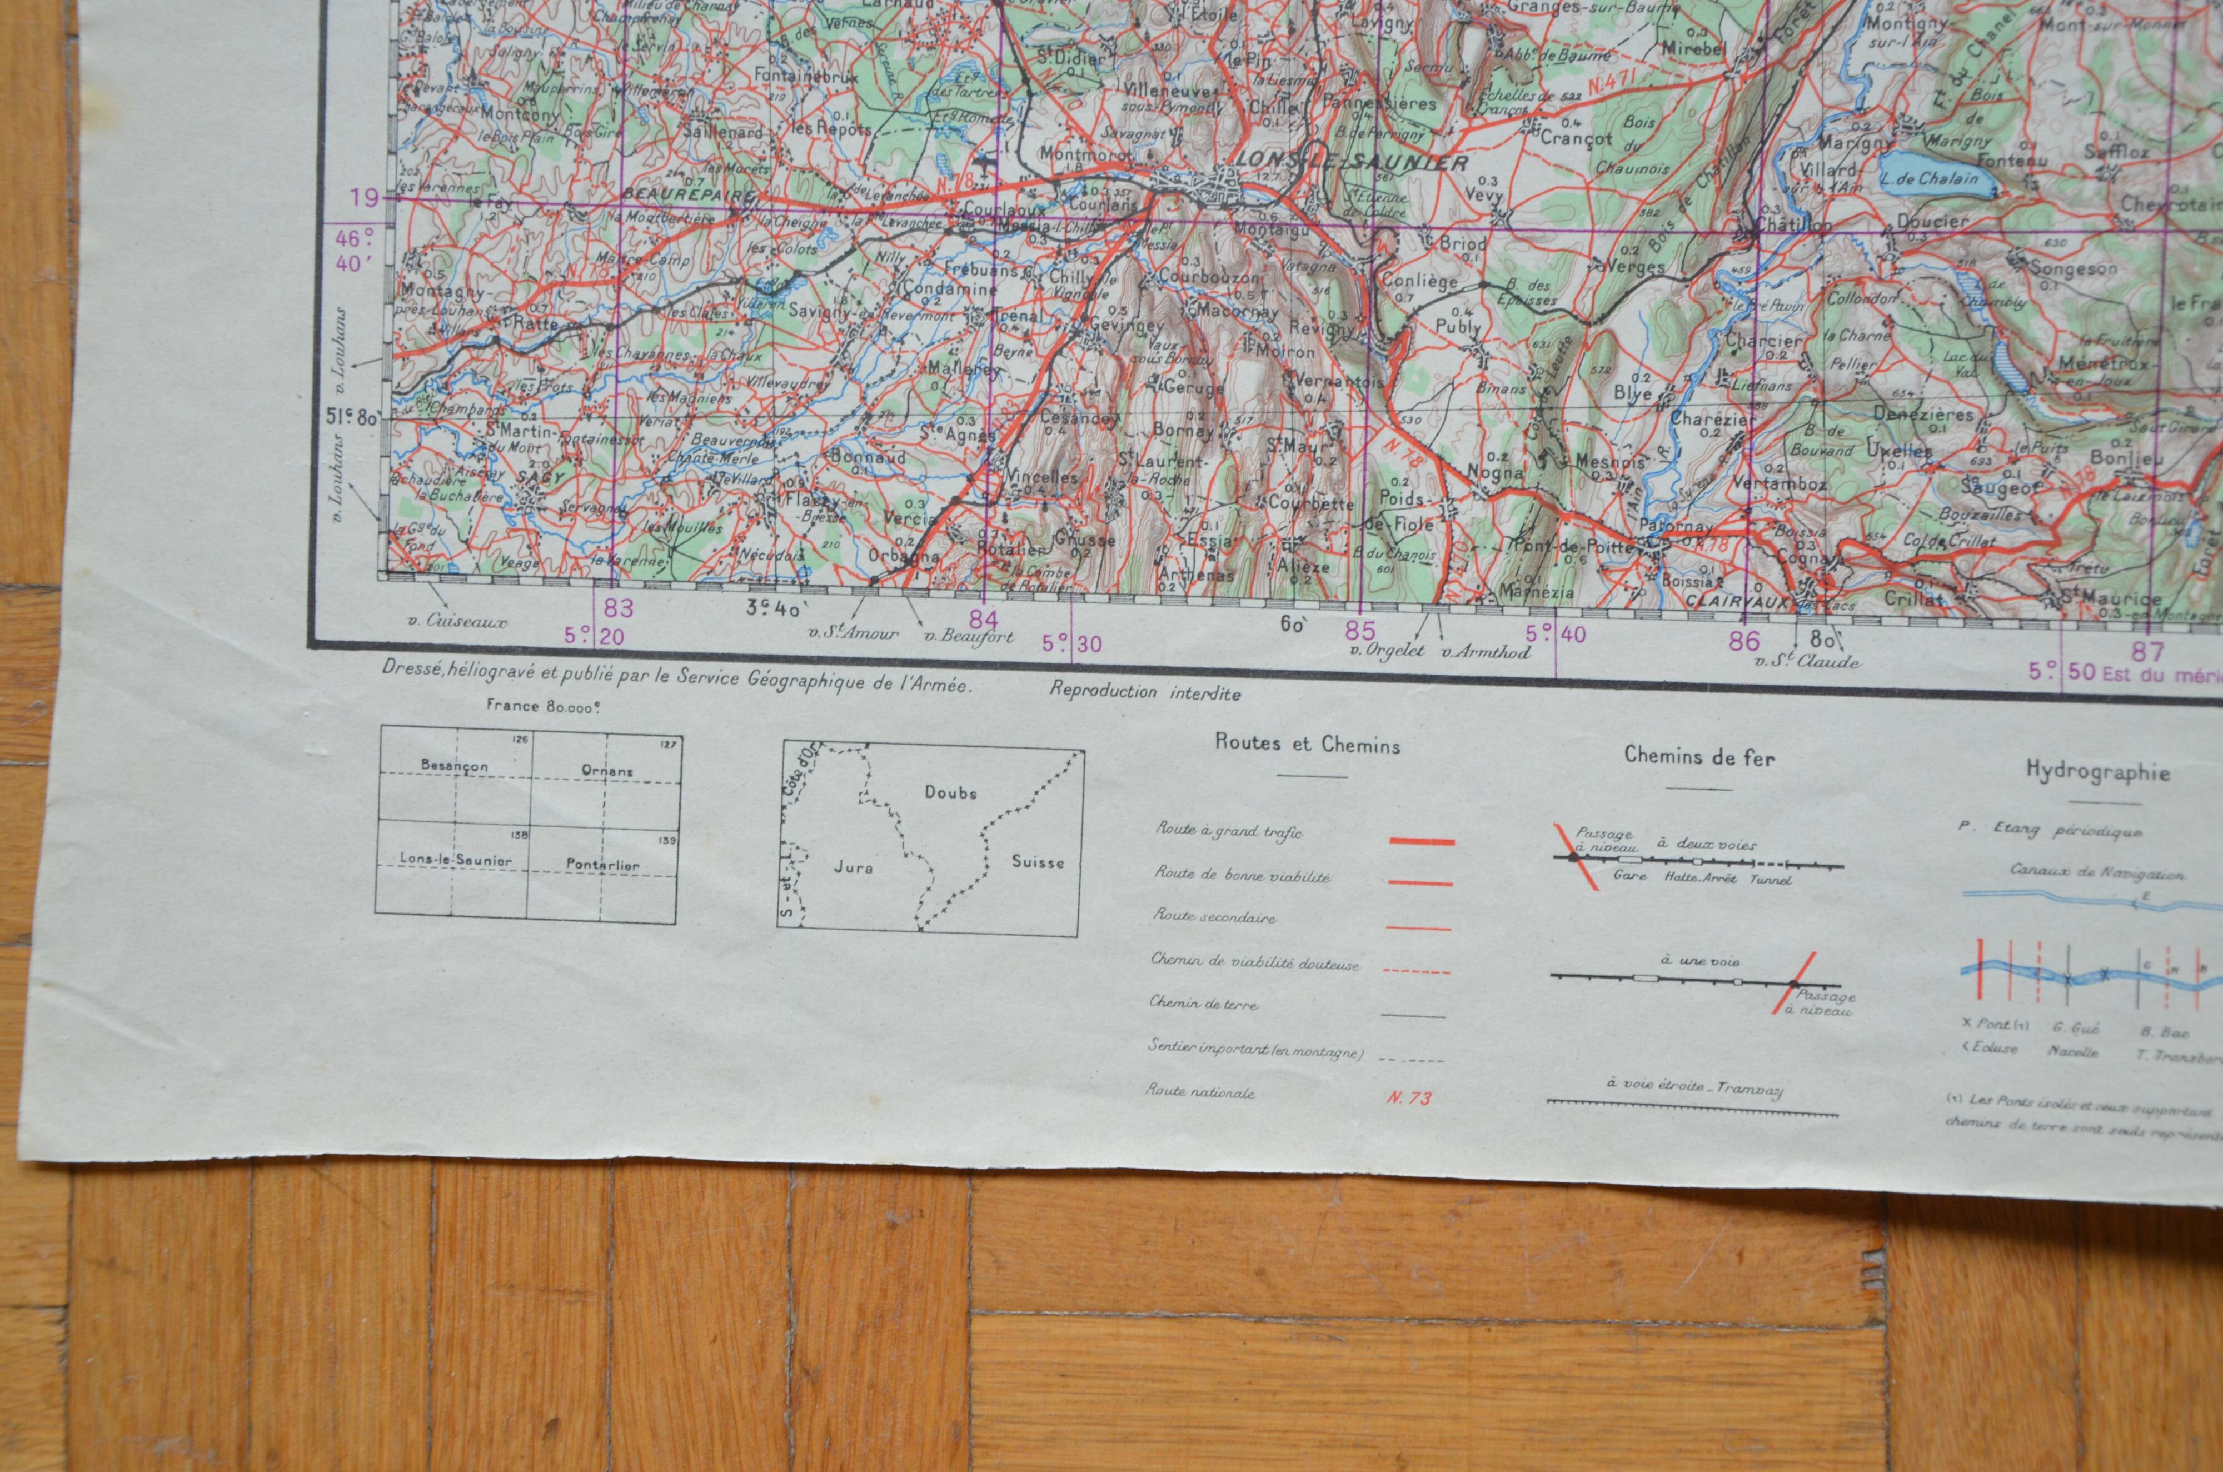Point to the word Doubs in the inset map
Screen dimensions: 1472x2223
pyautogui.click(x=950, y=792)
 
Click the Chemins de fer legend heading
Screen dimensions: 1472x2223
pyautogui.click(x=1699, y=757)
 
